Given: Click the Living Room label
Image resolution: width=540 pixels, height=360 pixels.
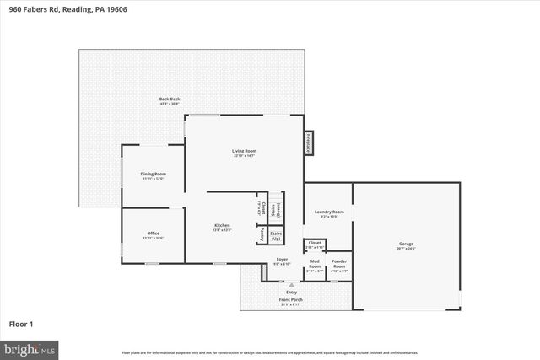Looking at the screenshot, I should (244, 153).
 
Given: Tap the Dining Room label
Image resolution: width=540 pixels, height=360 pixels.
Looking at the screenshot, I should (153, 175).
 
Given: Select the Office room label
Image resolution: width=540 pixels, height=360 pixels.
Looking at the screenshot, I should (153, 234).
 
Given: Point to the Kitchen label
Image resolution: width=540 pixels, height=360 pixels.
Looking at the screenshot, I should (222, 227).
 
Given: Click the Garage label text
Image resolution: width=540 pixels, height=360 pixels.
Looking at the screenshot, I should (406, 245).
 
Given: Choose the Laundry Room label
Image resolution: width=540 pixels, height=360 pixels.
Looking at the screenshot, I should (328, 213).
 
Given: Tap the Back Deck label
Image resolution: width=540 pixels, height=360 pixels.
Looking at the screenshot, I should (170, 100).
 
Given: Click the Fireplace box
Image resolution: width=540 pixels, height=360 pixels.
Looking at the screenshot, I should (310, 142).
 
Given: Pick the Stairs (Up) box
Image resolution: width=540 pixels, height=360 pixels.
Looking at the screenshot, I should (276, 237).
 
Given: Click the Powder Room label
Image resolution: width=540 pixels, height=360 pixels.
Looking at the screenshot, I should (339, 263).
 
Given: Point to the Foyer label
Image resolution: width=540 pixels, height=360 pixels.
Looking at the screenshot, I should (282, 261).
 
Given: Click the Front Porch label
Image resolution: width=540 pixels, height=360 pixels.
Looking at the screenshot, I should (290, 301).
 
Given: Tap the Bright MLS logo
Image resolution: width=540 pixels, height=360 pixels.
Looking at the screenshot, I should (29, 348).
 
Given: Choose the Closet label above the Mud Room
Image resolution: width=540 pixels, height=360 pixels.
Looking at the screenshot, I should (314, 244).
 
